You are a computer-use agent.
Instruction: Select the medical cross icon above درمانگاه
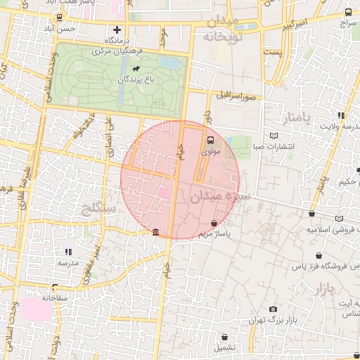pos(117,30)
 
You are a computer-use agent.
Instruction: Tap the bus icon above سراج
pos(349,12)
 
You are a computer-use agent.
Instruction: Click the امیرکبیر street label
pos(293,26)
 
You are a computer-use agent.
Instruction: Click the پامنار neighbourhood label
pos(292,115)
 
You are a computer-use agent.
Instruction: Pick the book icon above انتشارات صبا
pos(274,136)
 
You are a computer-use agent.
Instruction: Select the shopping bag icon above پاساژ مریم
pos(214,223)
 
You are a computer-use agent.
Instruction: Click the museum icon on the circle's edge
pos(155,233)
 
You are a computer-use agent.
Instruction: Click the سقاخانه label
pos(53,297)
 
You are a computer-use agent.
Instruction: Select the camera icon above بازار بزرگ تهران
pos(273,309)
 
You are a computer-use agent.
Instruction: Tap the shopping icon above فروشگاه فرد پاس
pos(320,256)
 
